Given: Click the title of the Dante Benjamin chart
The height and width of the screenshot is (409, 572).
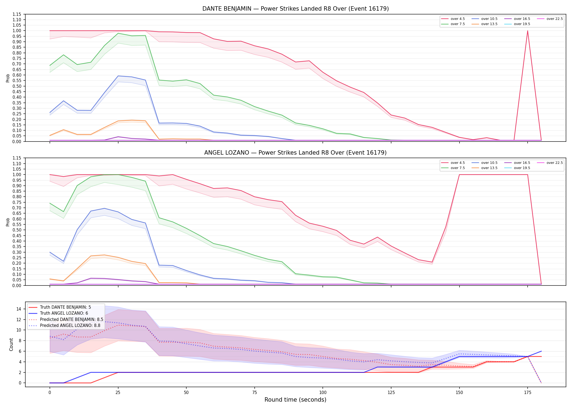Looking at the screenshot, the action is point(296,9).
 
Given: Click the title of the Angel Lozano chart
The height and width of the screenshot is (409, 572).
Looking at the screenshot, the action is point(296,153).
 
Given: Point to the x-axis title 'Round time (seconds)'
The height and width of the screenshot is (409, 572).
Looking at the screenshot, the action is point(296,400).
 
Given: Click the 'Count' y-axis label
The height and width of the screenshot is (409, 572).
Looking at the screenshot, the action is point(11,344).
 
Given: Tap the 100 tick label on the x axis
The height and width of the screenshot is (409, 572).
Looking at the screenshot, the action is point(322,393).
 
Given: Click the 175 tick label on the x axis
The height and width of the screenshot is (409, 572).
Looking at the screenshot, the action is point(528,393).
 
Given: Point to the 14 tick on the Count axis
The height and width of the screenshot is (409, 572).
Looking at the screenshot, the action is point(19,309).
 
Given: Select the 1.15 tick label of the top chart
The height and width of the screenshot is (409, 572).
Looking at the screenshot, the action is point(16,14).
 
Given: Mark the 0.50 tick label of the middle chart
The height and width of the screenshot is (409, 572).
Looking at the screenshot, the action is point(16,230).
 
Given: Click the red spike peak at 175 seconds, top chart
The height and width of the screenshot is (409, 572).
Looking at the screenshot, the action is point(528,31).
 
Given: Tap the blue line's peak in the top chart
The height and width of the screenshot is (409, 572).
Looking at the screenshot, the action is point(118,76).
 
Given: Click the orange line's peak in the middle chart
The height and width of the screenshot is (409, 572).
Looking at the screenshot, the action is point(104,255).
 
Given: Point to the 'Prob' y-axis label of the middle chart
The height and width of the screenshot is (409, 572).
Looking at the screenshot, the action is point(8,222).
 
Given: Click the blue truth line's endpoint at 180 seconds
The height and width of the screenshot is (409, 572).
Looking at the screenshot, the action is point(541,351).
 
